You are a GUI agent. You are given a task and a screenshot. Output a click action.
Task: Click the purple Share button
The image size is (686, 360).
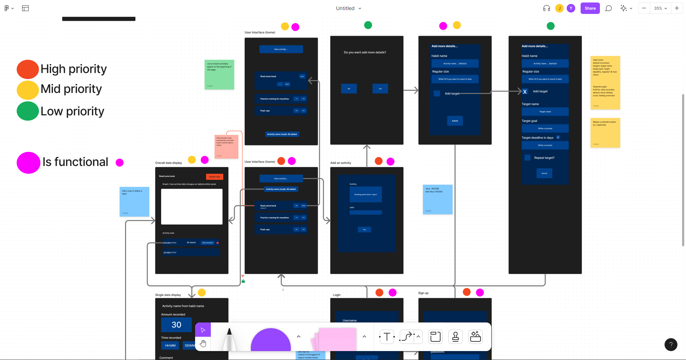[x=590, y=8]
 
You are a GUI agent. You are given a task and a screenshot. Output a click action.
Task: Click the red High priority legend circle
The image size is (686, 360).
[x=28, y=69]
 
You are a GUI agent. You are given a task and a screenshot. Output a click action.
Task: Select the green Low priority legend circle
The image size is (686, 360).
[x=28, y=111]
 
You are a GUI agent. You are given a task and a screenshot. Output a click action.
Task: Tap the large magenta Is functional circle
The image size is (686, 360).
[x=28, y=163]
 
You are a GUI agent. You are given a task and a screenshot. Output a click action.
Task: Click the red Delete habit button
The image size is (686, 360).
[x=214, y=177]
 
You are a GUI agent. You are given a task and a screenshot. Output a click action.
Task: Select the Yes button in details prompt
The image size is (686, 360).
[x=380, y=89]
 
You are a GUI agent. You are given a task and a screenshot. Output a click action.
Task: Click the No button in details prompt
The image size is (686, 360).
[x=349, y=89]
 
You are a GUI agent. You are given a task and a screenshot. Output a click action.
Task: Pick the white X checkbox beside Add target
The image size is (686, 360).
[x=525, y=92]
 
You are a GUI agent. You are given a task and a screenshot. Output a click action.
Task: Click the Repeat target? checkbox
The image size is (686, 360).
[x=527, y=158]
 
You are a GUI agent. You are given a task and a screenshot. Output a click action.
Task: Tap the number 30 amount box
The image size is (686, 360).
[x=177, y=325]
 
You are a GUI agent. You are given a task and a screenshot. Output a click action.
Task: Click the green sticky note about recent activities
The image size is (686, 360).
[x=219, y=74]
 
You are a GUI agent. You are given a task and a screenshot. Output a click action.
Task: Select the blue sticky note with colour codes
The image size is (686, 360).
[x=438, y=199]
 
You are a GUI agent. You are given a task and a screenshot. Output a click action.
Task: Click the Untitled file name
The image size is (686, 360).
[x=345, y=8]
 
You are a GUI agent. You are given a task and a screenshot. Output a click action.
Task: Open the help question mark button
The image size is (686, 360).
[x=671, y=345]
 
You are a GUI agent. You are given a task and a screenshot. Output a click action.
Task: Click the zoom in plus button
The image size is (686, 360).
[x=677, y=8]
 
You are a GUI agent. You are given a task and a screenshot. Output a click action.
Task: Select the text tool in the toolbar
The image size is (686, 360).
[x=387, y=337]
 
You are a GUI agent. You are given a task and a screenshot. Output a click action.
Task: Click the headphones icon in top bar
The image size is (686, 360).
[x=546, y=8]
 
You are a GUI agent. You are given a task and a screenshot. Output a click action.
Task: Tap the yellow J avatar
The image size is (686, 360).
[x=560, y=8]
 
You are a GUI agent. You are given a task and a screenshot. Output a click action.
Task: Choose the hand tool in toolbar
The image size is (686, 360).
[x=203, y=344]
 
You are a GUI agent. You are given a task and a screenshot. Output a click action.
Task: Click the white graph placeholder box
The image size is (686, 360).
[x=192, y=207]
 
